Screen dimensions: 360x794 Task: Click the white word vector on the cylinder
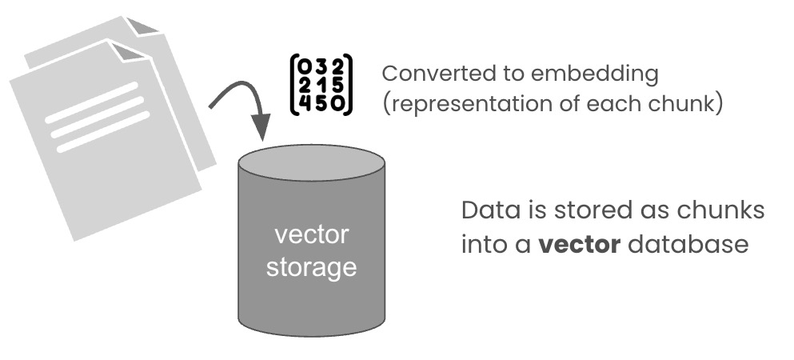pos(311,235)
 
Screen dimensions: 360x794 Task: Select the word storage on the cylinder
pos(311,266)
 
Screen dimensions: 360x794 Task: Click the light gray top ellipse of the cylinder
pos(311,163)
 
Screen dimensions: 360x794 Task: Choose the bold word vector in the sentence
pos(579,244)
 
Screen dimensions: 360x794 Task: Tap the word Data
pos(485,211)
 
